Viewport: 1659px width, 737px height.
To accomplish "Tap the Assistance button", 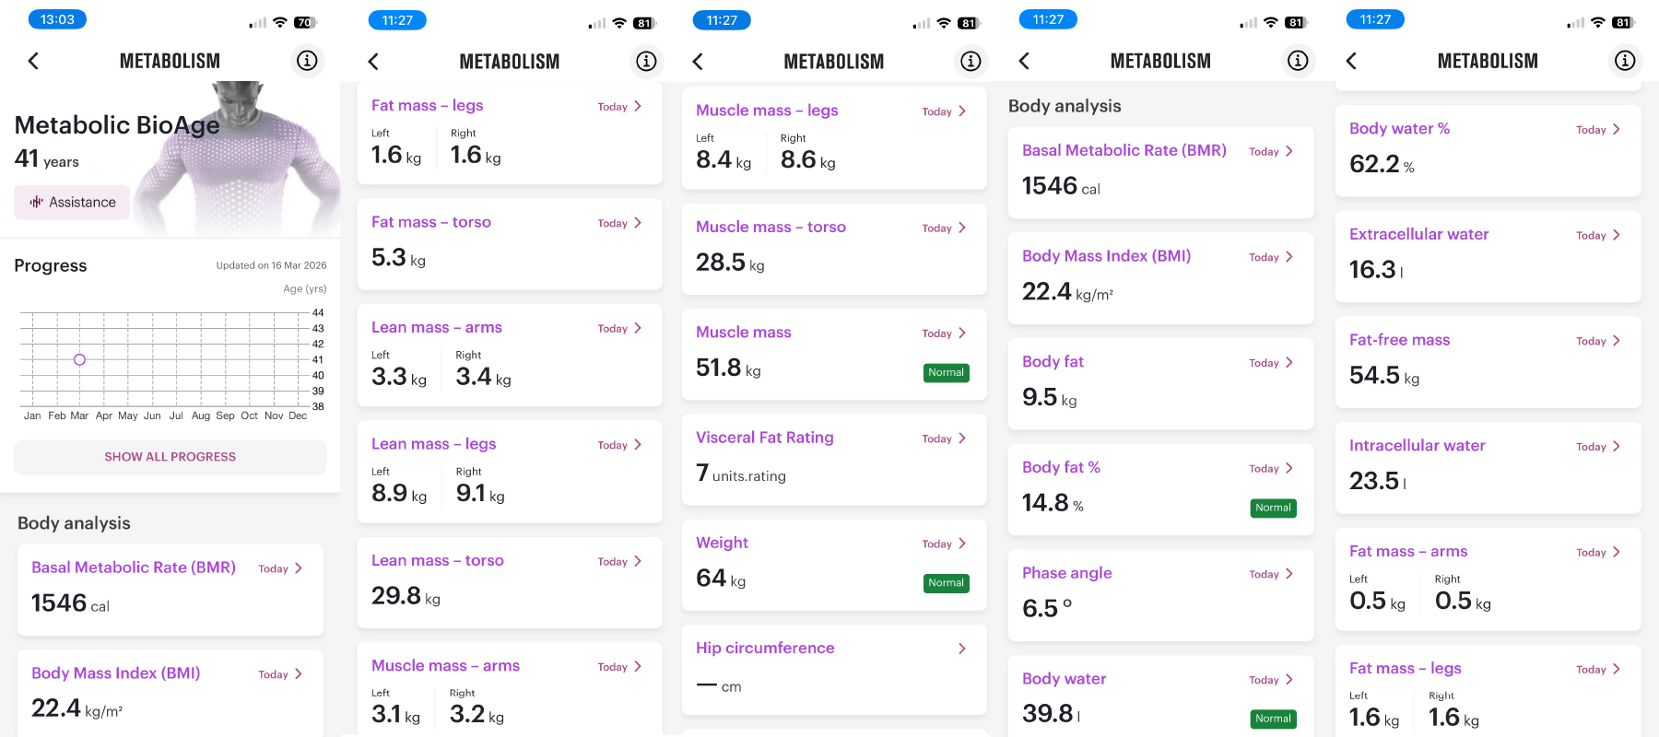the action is pos(73,203).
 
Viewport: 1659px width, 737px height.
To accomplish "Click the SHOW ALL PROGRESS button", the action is pos(171,457).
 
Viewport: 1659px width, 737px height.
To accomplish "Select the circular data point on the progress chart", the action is pos(79,359).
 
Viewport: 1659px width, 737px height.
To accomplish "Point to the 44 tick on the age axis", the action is pos(318,313).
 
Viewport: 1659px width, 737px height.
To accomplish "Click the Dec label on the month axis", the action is pos(298,415).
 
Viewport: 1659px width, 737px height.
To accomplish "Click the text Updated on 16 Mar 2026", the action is pos(271,265).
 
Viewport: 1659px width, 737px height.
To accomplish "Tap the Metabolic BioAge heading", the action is pos(117,125).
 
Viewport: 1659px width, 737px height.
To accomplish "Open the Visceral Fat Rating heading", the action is pos(764,438).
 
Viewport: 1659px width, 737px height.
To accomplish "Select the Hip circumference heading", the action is pos(765,649).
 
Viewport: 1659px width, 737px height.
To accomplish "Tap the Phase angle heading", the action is pos(1066,573).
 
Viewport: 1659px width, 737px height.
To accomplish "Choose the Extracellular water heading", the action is pos(1418,235).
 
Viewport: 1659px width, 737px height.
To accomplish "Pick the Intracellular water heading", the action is pos(1417,446).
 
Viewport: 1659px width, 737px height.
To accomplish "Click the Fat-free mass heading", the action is pos(1399,340).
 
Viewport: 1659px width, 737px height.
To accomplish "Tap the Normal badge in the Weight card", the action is pos(946,583).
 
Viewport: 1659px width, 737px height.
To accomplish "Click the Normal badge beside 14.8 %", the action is pos(1273,508).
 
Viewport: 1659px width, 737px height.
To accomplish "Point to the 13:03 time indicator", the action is pos(57,19).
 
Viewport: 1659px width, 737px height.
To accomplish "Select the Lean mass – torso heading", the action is pos(437,561).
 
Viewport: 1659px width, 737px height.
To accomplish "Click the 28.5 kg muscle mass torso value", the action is pos(730,263).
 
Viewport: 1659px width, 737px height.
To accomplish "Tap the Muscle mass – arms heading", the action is pos(445,666).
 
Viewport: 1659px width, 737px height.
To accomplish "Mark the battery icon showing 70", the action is pos(305,22).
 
